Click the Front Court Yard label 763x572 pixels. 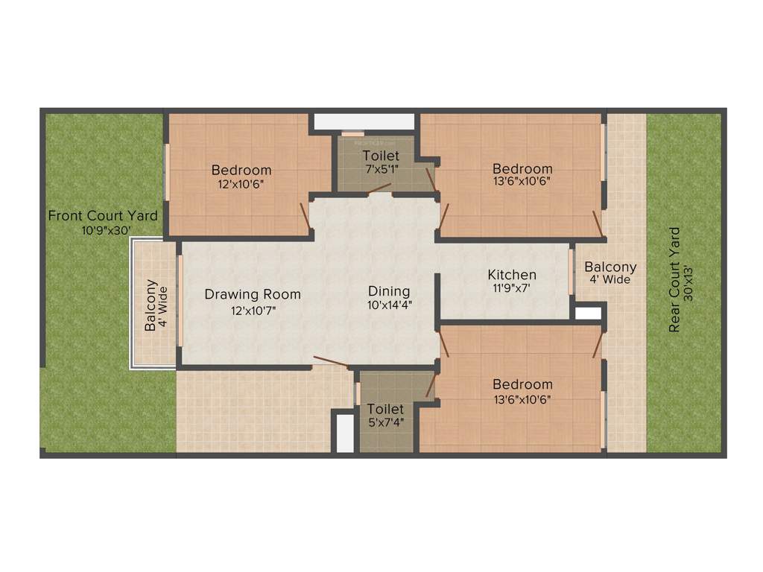click(x=103, y=216)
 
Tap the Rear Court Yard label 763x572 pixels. click(x=674, y=279)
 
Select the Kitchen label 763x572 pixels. click(x=512, y=275)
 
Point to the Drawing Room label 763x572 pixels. click(x=253, y=294)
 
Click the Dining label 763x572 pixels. click(x=389, y=291)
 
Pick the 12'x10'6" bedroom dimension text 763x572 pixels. click(x=241, y=183)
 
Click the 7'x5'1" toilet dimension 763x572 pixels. click(x=381, y=169)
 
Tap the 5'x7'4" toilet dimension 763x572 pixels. click(x=385, y=422)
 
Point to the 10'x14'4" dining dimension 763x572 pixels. click(x=389, y=304)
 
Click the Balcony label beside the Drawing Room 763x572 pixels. click(x=151, y=305)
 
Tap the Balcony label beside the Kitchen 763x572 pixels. click(x=610, y=267)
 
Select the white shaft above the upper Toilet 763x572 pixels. click(x=364, y=121)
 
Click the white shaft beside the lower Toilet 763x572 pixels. click(x=345, y=433)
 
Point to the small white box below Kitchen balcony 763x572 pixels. click(x=588, y=313)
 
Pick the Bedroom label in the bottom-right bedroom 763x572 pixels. click(x=522, y=384)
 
